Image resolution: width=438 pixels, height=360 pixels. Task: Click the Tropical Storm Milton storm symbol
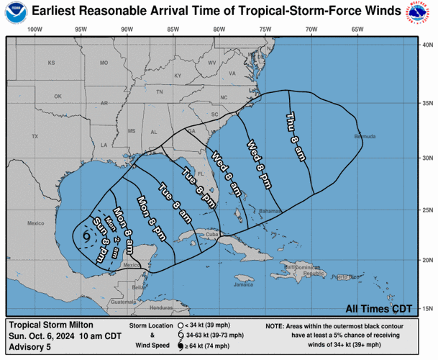click(87, 235)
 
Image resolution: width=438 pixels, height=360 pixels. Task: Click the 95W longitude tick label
click(80, 29)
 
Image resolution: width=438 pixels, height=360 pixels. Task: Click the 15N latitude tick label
click(428, 309)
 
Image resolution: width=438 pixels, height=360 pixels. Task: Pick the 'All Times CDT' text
click(379, 309)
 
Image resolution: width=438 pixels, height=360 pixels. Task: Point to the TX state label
click(34, 136)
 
